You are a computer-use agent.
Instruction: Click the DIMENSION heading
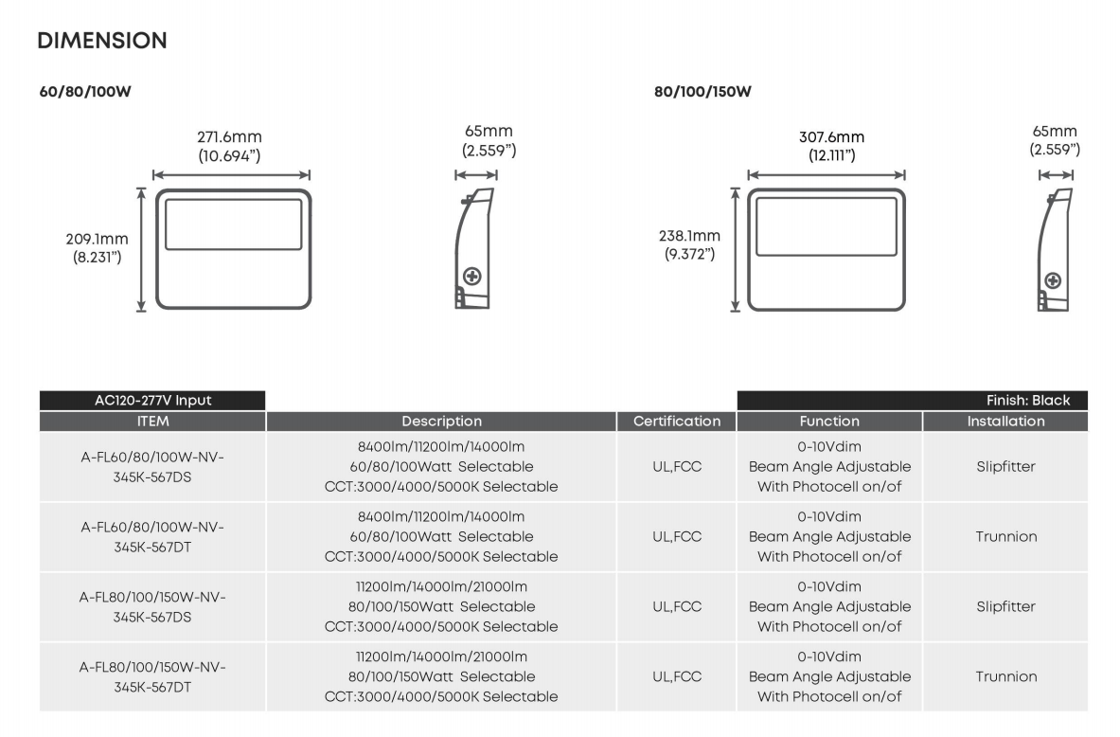102,41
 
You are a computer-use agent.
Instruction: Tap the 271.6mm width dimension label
230,137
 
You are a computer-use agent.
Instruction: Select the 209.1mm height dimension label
97,239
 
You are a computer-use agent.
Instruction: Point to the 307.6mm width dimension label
831,137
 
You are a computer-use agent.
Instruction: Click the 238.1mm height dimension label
689,236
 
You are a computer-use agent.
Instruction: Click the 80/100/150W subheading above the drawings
702,92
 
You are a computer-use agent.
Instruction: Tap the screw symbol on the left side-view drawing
471,277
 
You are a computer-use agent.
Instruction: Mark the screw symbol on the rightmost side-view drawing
1052,280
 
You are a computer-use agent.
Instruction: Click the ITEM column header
152,421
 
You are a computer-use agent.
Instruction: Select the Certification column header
677,421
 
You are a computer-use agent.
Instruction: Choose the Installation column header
1005,421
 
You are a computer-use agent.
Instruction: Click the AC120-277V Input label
152,400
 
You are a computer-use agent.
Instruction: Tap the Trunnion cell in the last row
1005,676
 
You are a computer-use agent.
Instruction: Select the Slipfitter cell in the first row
1005,466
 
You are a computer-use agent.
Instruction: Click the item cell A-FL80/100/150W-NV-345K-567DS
152,606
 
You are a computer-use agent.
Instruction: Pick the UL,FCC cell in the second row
677,536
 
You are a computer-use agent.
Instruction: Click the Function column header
829,421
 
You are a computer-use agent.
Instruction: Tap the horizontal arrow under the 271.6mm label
231,175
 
